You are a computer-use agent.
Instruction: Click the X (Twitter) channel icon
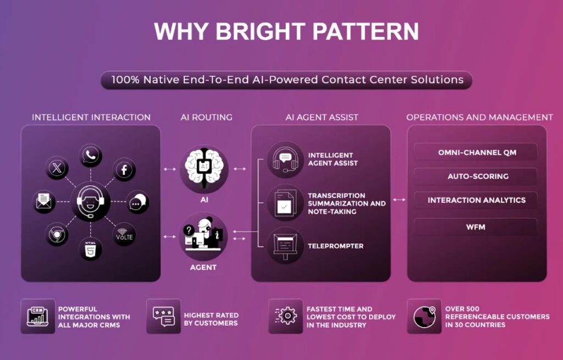[57, 168]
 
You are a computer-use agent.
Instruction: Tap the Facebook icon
[124, 169]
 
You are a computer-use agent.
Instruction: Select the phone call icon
[91, 156]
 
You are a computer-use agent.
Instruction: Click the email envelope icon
[44, 202]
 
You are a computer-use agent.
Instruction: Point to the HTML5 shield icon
[91, 249]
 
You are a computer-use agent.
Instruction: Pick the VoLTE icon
[124, 235]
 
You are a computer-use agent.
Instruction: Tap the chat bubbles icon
[138, 202]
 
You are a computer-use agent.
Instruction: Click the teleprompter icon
[285, 246]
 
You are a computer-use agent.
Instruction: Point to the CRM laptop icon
[38, 317]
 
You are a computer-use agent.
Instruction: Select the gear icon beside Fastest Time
[286, 316]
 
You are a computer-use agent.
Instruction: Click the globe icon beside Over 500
[424, 316]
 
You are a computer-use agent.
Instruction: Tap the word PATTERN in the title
[366, 31]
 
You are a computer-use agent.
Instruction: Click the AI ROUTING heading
[207, 118]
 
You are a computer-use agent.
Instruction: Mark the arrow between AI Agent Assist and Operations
[399, 200]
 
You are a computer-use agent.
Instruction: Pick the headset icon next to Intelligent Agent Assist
[285, 160]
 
